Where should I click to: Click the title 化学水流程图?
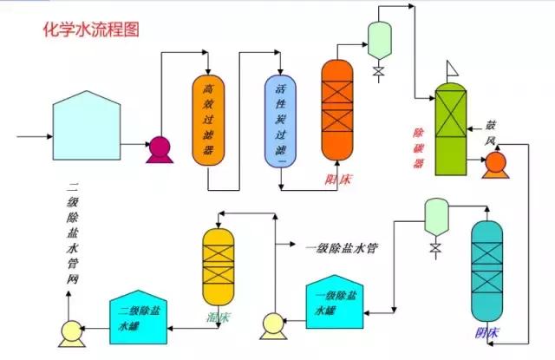click(91, 29)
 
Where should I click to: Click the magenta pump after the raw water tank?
click(159, 149)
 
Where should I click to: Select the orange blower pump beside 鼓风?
click(495, 162)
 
